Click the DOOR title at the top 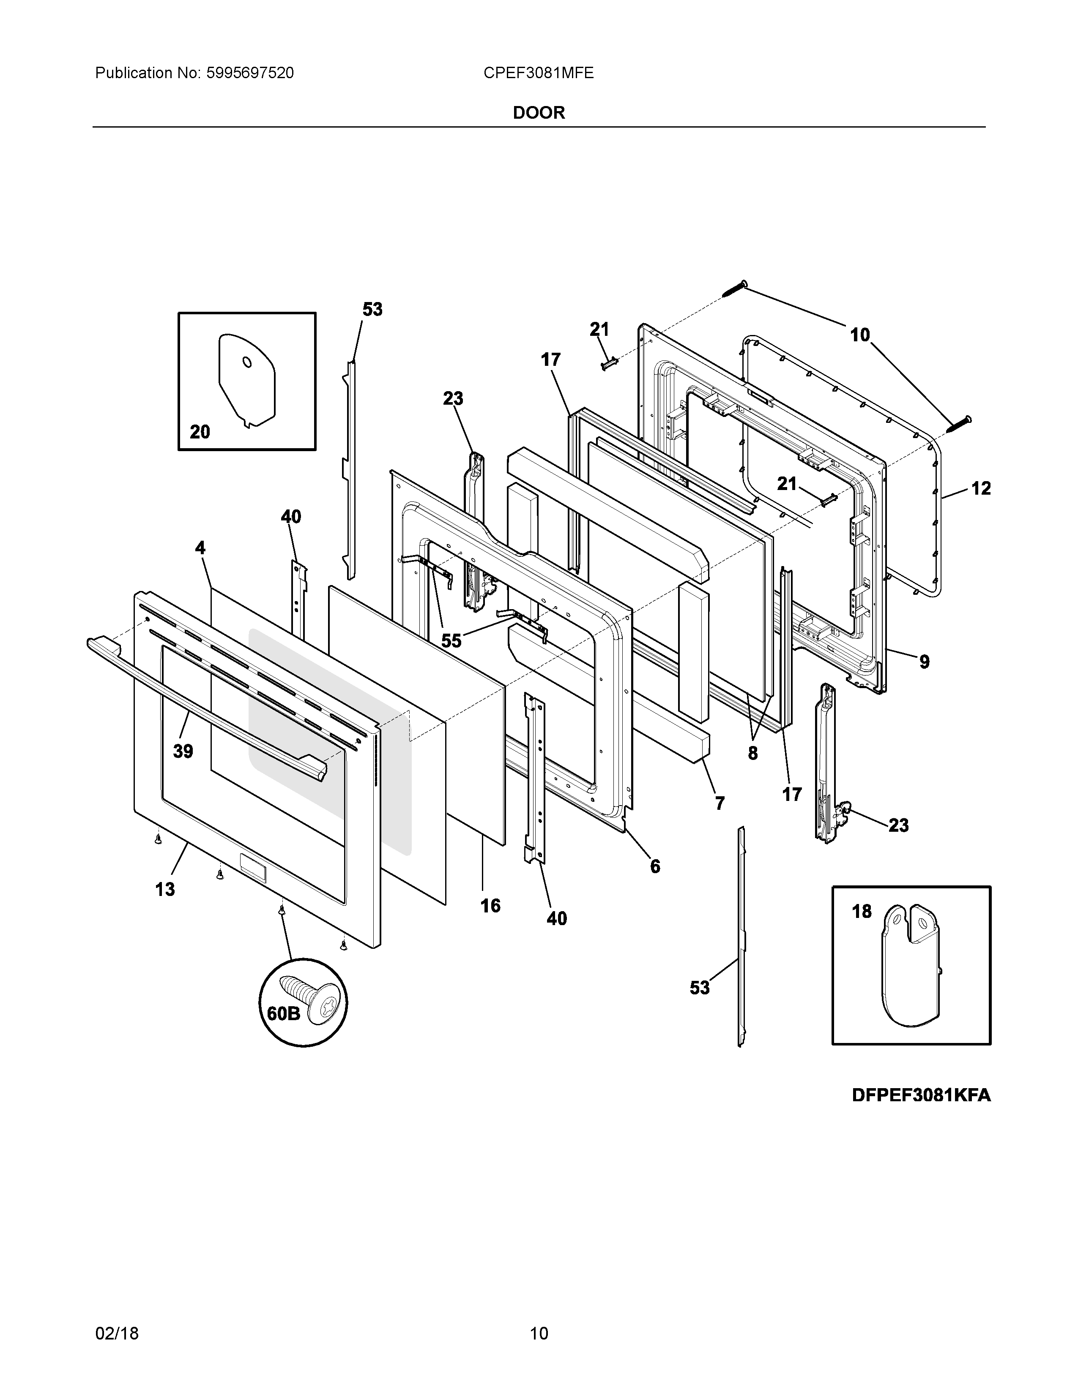539,113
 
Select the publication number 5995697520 250,74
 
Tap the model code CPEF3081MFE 538,74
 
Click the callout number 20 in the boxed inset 200,432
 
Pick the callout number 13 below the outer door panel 165,889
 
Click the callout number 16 490,906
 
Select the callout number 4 200,547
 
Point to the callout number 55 451,641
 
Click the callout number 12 981,488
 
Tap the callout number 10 859,335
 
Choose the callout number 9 924,662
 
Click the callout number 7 720,803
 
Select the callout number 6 655,866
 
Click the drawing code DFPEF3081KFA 921,1095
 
